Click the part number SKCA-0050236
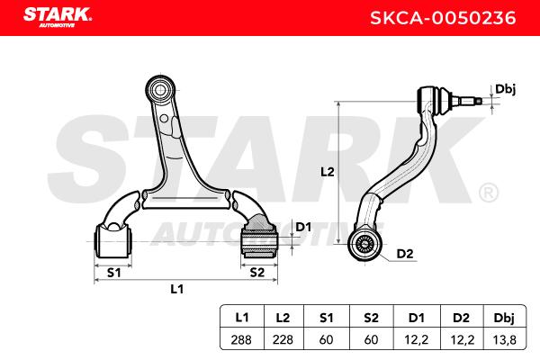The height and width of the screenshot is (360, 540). click(x=443, y=18)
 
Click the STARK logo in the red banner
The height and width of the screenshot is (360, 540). click(x=58, y=17)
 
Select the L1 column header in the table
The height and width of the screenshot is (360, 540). click(x=242, y=318)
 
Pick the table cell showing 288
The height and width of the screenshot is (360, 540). click(x=241, y=339)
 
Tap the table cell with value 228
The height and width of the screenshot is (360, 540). click(x=283, y=339)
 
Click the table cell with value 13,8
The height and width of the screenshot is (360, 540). click(x=505, y=339)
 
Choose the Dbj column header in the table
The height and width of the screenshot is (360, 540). click(x=504, y=318)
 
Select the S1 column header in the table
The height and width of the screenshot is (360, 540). click(x=326, y=318)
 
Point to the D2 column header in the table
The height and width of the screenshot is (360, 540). click(x=461, y=318)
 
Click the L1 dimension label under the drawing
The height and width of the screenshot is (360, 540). click(x=177, y=289)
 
